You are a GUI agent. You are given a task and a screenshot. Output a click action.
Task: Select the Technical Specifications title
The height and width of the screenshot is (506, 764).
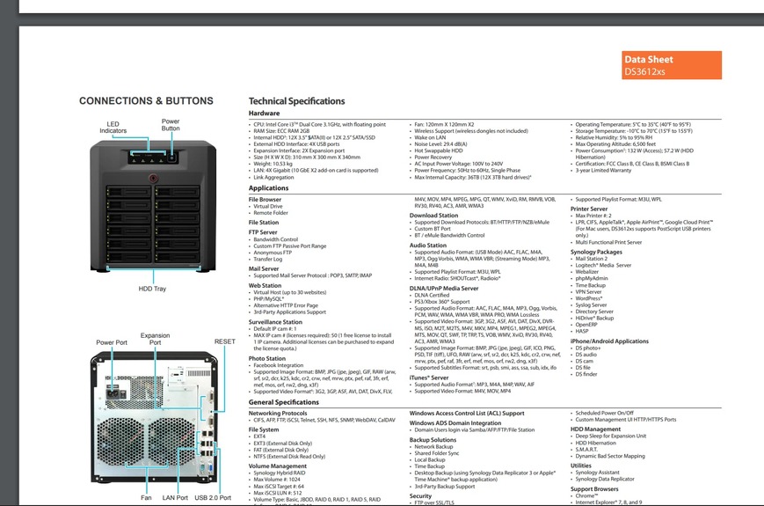(x=296, y=101)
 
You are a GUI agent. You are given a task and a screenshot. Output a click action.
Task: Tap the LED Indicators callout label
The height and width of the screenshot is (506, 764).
(x=113, y=128)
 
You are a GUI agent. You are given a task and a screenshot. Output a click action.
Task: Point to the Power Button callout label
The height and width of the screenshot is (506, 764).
(x=171, y=124)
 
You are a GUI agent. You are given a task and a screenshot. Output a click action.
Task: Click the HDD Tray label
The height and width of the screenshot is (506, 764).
(x=152, y=289)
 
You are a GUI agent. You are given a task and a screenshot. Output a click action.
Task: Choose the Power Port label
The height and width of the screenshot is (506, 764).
(x=112, y=341)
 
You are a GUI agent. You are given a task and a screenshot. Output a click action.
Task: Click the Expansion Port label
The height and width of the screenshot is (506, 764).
(x=156, y=339)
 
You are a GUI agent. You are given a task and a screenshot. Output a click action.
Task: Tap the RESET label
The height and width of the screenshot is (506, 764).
(x=224, y=341)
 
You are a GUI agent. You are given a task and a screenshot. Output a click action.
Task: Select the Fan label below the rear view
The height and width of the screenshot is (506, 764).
(x=146, y=498)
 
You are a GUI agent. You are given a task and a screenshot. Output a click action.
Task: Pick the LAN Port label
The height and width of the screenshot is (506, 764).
(x=175, y=498)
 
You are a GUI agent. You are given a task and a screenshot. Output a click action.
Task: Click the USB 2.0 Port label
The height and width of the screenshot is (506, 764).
(x=213, y=498)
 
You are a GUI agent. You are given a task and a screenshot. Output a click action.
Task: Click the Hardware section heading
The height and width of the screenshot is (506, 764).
(x=264, y=114)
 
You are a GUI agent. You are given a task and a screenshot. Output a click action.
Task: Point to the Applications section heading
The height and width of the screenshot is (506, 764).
(x=268, y=188)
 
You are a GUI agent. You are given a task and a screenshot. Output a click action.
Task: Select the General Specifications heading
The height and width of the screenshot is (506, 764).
(x=284, y=402)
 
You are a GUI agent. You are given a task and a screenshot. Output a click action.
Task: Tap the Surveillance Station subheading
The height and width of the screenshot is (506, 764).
(x=275, y=322)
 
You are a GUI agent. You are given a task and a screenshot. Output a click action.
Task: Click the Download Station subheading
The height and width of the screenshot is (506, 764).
(x=433, y=215)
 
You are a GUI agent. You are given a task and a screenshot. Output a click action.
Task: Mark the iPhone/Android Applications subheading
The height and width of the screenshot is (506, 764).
(x=609, y=341)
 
